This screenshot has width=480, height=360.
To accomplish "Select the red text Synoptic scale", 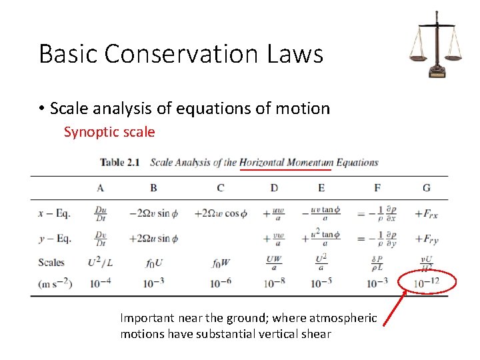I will (x=109, y=132).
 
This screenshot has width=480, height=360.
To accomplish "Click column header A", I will (x=100, y=188).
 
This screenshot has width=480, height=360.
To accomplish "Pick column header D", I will (x=274, y=188).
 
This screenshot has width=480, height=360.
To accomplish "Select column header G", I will (x=427, y=188).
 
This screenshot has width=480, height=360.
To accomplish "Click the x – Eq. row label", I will (x=55, y=214).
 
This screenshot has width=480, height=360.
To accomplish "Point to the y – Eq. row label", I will (x=55, y=239).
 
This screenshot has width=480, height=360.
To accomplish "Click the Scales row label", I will (x=51, y=262).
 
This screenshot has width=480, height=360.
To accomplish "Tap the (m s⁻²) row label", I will (x=55, y=283).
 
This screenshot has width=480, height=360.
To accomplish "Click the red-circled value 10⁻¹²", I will (x=427, y=283).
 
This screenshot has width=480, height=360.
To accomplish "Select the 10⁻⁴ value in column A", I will (x=100, y=283).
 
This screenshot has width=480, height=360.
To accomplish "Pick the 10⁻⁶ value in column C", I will (x=220, y=283).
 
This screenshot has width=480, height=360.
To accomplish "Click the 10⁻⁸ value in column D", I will (x=274, y=283).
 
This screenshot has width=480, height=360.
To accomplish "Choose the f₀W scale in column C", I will (x=221, y=263).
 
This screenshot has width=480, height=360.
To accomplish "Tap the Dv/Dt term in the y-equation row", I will (x=101, y=239).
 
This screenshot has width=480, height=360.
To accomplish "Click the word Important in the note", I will (x=147, y=319).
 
